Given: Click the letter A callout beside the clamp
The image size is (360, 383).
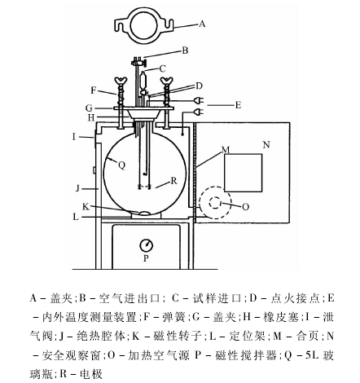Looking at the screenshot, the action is pos(202,24).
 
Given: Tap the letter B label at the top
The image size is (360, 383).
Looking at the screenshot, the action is pos(185,51).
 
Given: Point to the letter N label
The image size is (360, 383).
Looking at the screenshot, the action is pos(266,145).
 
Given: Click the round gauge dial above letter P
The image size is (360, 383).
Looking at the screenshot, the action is pos(146,245).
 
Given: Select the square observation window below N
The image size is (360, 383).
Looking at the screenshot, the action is pos(243,173).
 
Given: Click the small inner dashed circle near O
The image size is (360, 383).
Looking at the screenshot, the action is pos(215,203).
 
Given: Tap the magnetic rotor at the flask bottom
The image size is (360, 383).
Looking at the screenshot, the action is pos(146,213).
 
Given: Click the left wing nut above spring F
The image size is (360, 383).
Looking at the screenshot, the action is pos(121,81).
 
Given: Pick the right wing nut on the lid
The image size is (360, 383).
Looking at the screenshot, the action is pos(166,81).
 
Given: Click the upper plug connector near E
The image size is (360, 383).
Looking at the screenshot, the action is pos(199,101).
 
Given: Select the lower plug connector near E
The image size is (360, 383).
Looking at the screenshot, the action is pos(199,112).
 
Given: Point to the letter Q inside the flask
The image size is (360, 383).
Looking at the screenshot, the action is pos(121,165).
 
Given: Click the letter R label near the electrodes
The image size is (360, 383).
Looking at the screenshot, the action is pos(173,181).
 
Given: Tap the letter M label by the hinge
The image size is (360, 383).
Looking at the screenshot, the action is pos(226,150).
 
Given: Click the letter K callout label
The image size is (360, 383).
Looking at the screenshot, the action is pos(86,207).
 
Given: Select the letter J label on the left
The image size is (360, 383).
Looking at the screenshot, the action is pos(77,188).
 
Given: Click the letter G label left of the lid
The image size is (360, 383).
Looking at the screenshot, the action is pos(89,108).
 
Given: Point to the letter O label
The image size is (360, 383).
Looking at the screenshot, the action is pos(245,207).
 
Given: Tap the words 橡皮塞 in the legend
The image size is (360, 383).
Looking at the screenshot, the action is pos(281,317).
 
